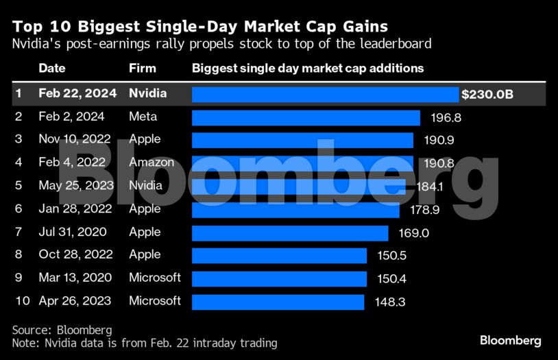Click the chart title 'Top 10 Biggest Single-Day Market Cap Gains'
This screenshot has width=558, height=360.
[x=199, y=27]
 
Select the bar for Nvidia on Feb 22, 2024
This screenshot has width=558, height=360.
[x=325, y=94]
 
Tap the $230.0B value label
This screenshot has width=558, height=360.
[x=487, y=94]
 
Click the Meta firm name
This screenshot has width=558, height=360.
[x=143, y=117]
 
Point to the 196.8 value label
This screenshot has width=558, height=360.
[x=446, y=118]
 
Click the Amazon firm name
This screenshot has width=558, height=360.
[x=151, y=163]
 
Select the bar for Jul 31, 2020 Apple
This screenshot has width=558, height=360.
[x=290, y=233]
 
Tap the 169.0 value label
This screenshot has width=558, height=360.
[x=413, y=233]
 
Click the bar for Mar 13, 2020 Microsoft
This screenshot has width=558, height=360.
[x=279, y=278]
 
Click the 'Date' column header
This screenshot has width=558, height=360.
[x=51, y=69]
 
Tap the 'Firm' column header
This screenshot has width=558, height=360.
[x=142, y=69]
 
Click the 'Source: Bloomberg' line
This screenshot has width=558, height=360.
[x=62, y=330]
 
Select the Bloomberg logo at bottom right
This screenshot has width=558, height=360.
[x=510, y=340]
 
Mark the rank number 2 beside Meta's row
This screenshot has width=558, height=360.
[x=19, y=117]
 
